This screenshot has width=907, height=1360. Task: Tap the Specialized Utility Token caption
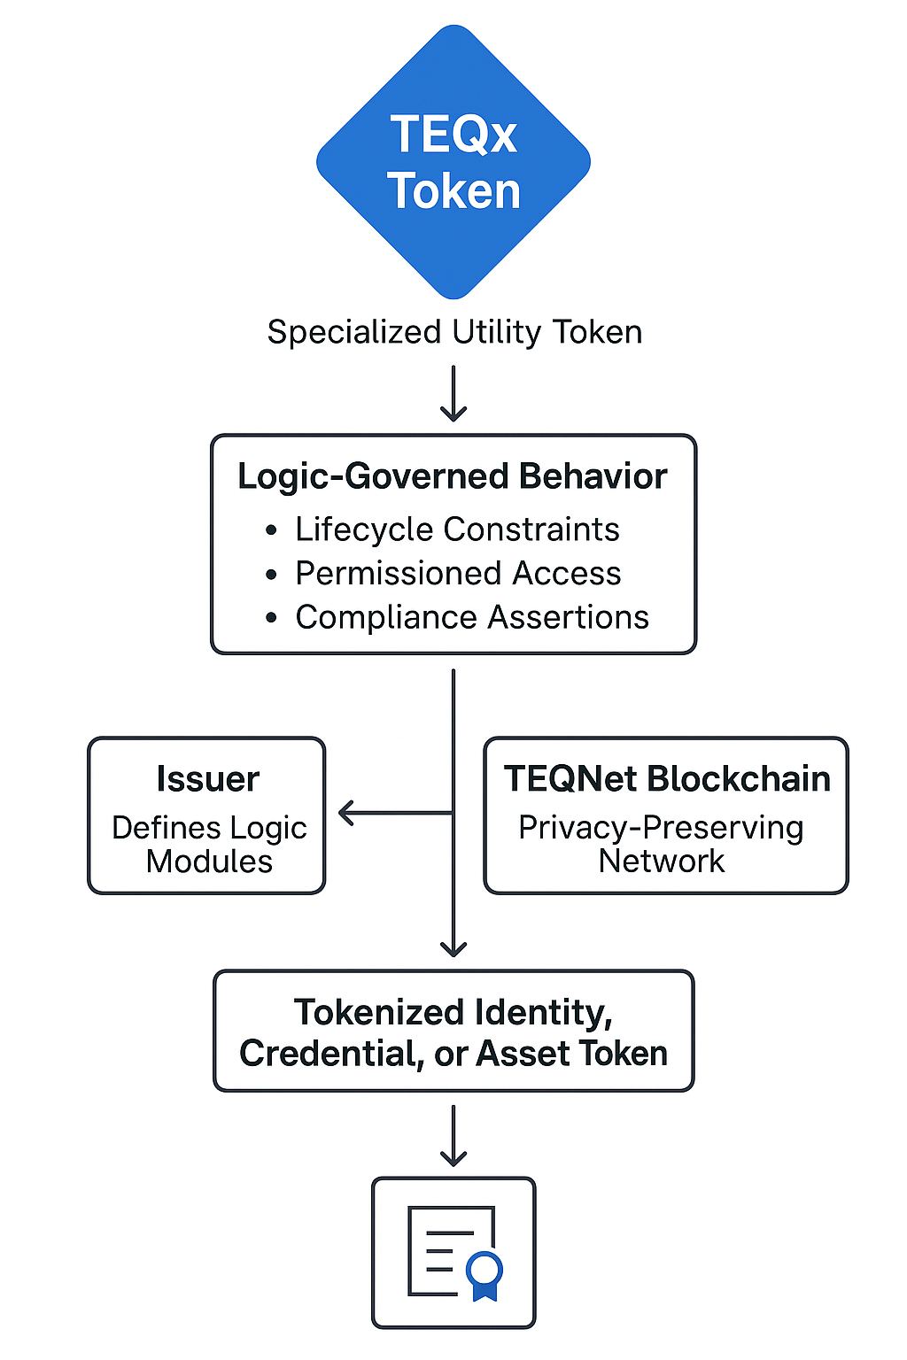point(454,333)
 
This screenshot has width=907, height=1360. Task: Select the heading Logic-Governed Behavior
point(453,476)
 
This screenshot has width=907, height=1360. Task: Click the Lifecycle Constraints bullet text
point(457,529)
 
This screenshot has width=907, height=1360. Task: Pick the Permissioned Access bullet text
point(458,574)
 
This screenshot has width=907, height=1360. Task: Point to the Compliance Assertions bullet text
point(472,617)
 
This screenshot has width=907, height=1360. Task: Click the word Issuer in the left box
point(207,779)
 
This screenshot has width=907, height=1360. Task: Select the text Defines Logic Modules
point(209,844)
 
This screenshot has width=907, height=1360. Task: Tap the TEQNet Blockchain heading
point(667,779)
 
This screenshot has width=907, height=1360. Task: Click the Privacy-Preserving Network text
point(661,844)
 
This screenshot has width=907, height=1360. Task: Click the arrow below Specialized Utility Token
point(453,395)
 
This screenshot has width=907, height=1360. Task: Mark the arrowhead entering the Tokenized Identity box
point(453,947)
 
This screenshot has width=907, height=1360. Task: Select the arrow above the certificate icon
point(453,1136)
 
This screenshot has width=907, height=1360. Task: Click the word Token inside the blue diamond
point(453,191)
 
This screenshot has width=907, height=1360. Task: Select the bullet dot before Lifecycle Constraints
point(272,531)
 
